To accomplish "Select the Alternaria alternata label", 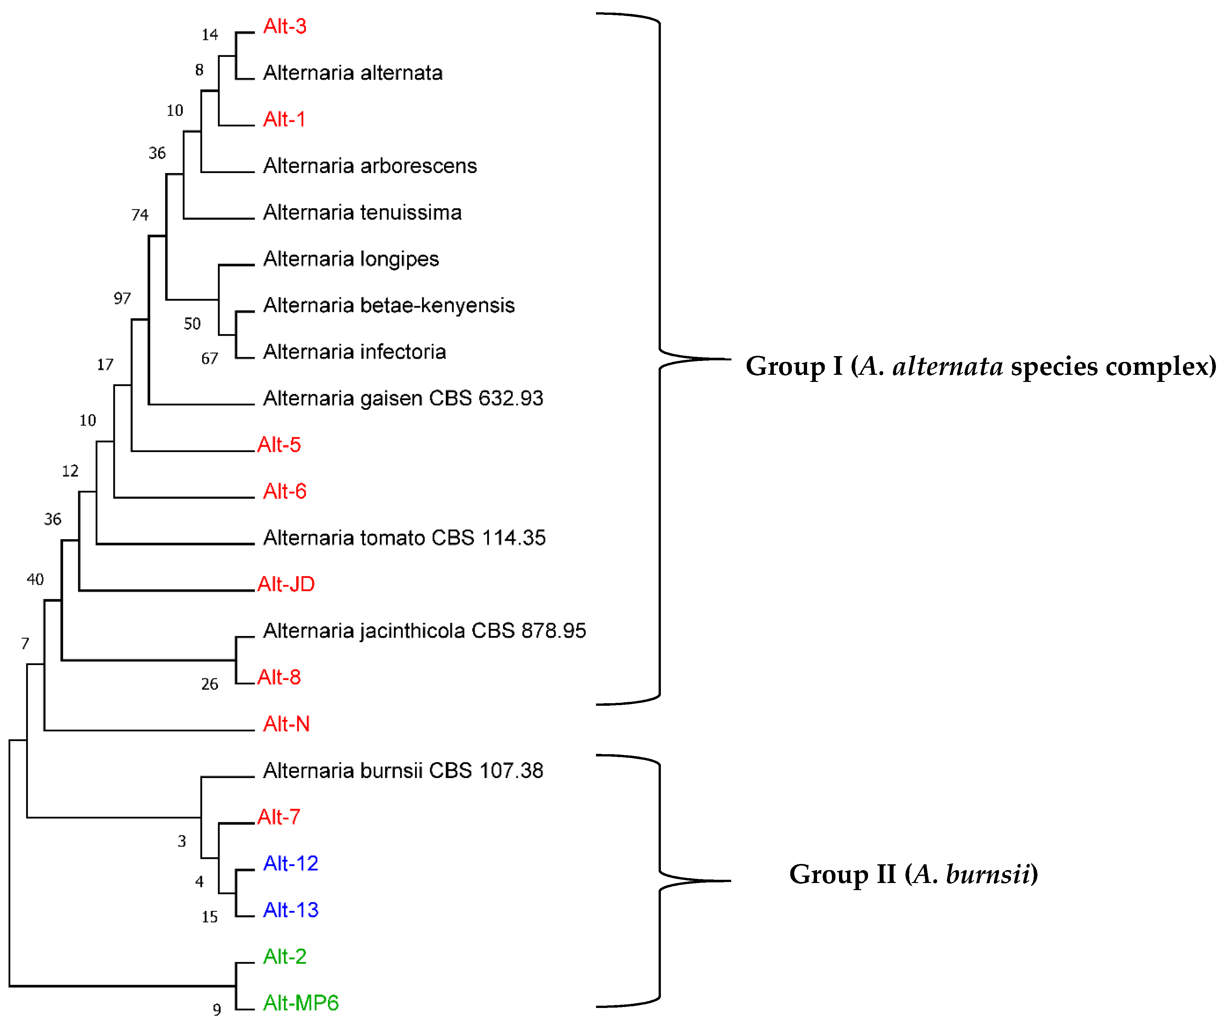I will pyautogui.click(x=352, y=73).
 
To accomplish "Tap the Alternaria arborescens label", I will pyautogui.click(x=370, y=166).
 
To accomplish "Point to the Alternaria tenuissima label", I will pyautogui.click(x=362, y=213).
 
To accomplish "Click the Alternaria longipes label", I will pyautogui.click(x=350, y=259).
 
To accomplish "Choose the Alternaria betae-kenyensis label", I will pyautogui.click(x=389, y=305).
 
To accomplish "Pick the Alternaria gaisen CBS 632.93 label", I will pyautogui.click(x=403, y=398).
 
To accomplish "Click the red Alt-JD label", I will pyautogui.click(x=286, y=584).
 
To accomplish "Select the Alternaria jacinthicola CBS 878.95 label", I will pyautogui.click(x=424, y=631).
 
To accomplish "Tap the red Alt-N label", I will pyautogui.click(x=286, y=724).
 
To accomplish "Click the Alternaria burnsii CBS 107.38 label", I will pyautogui.click(x=403, y=771).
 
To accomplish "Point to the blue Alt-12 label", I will pyautogui.click(x=291, y=863).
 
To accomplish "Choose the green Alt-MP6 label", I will pyautogui.click(x=300, y=1003).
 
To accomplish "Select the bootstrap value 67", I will pyautogui.click(x=210, y=359).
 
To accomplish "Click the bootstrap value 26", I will pyautogui.click(x=210, y=684).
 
